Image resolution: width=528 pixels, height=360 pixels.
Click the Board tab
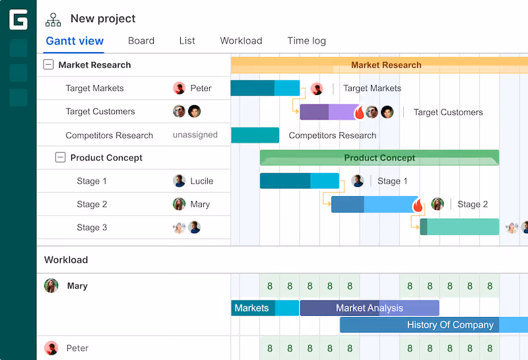pyautogui.click(x=141, y=41)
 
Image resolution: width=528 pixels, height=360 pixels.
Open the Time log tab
pyautogui.click(x=306, y=41)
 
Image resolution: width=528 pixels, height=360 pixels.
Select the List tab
pyautogui.click(x=187, y=41)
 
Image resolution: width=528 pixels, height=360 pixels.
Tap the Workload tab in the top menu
pyautogui.click(x=241, y=41)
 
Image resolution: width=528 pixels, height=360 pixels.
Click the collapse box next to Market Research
pyautogui.click(x=48, y=64)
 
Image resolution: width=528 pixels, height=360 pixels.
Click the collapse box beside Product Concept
pyautogui.click(x=60, y=157)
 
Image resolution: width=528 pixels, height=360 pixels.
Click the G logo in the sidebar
pyautogui.click(x=18, y=20)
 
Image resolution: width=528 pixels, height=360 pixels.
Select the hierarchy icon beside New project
pyautogui.click(x=53, y=20)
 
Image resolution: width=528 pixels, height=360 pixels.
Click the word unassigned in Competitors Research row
pyautogui.click(x=195, y=135)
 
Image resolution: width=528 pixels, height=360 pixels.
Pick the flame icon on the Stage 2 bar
pyautogui.click(x=418, y=205)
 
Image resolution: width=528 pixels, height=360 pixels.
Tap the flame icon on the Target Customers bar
pyautogui.click(x=359, y=112)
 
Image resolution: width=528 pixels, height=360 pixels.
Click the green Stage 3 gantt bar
pyautogui.click(x=459, y=227)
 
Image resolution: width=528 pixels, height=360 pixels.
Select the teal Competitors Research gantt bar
pyautogui.click(x=255, y=135)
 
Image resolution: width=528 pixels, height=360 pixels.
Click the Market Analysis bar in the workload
pyautogui.click(x=370, y=308)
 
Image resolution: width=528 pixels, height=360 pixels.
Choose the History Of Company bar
pyautogui.click(x=434, y=324)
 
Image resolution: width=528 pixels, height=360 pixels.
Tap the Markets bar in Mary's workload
pyautogui.click(x=265, y=308)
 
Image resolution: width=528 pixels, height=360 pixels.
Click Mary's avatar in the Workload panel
pyautogui.click(x=51, y=285)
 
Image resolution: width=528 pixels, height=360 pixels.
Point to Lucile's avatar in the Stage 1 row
pyautogui.click(x=179, y=181)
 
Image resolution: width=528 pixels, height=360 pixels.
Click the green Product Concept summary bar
pyautogui.click(x=379, y=157)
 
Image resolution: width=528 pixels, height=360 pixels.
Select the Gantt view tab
pyautogui.click(x=75, y=41)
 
